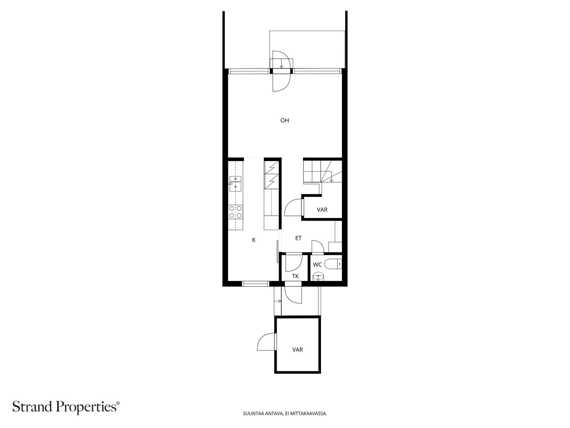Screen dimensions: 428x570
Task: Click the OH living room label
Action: coord(284,121)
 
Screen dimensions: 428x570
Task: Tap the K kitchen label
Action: coord(254,240)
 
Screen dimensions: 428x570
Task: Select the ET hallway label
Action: coord(298,238)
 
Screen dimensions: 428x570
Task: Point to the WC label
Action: coord(317,265)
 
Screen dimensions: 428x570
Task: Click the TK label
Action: coord(295,276)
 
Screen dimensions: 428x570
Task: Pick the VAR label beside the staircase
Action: coord(322,210)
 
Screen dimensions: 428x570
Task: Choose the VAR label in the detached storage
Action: coord(297,350)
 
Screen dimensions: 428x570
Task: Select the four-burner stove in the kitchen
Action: coord(235,212)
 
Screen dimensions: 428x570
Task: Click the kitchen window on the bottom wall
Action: coord(255,284)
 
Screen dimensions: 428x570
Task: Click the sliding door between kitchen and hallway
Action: coord(278,252)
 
